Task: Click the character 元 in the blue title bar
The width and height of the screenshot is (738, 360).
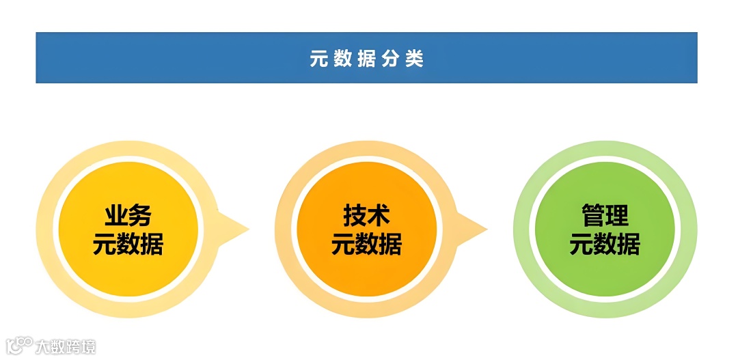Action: pyautogui.click(x=319, y=59)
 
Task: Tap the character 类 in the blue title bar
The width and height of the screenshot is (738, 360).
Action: pyautogui.click(x=414, y=59)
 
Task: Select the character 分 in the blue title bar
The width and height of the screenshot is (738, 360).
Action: pyautogui.click(x=390, y=59)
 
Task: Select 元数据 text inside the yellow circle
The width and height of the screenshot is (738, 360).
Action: pyautogui.click(x=128, y=244)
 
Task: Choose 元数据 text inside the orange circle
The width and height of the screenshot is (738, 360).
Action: pyautogui.click(x=366, y=244)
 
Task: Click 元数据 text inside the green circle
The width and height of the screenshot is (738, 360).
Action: pyautogui.click(x=605, y=244)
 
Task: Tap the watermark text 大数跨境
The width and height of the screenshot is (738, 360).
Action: pyautogui.click(x=66, y=346)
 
